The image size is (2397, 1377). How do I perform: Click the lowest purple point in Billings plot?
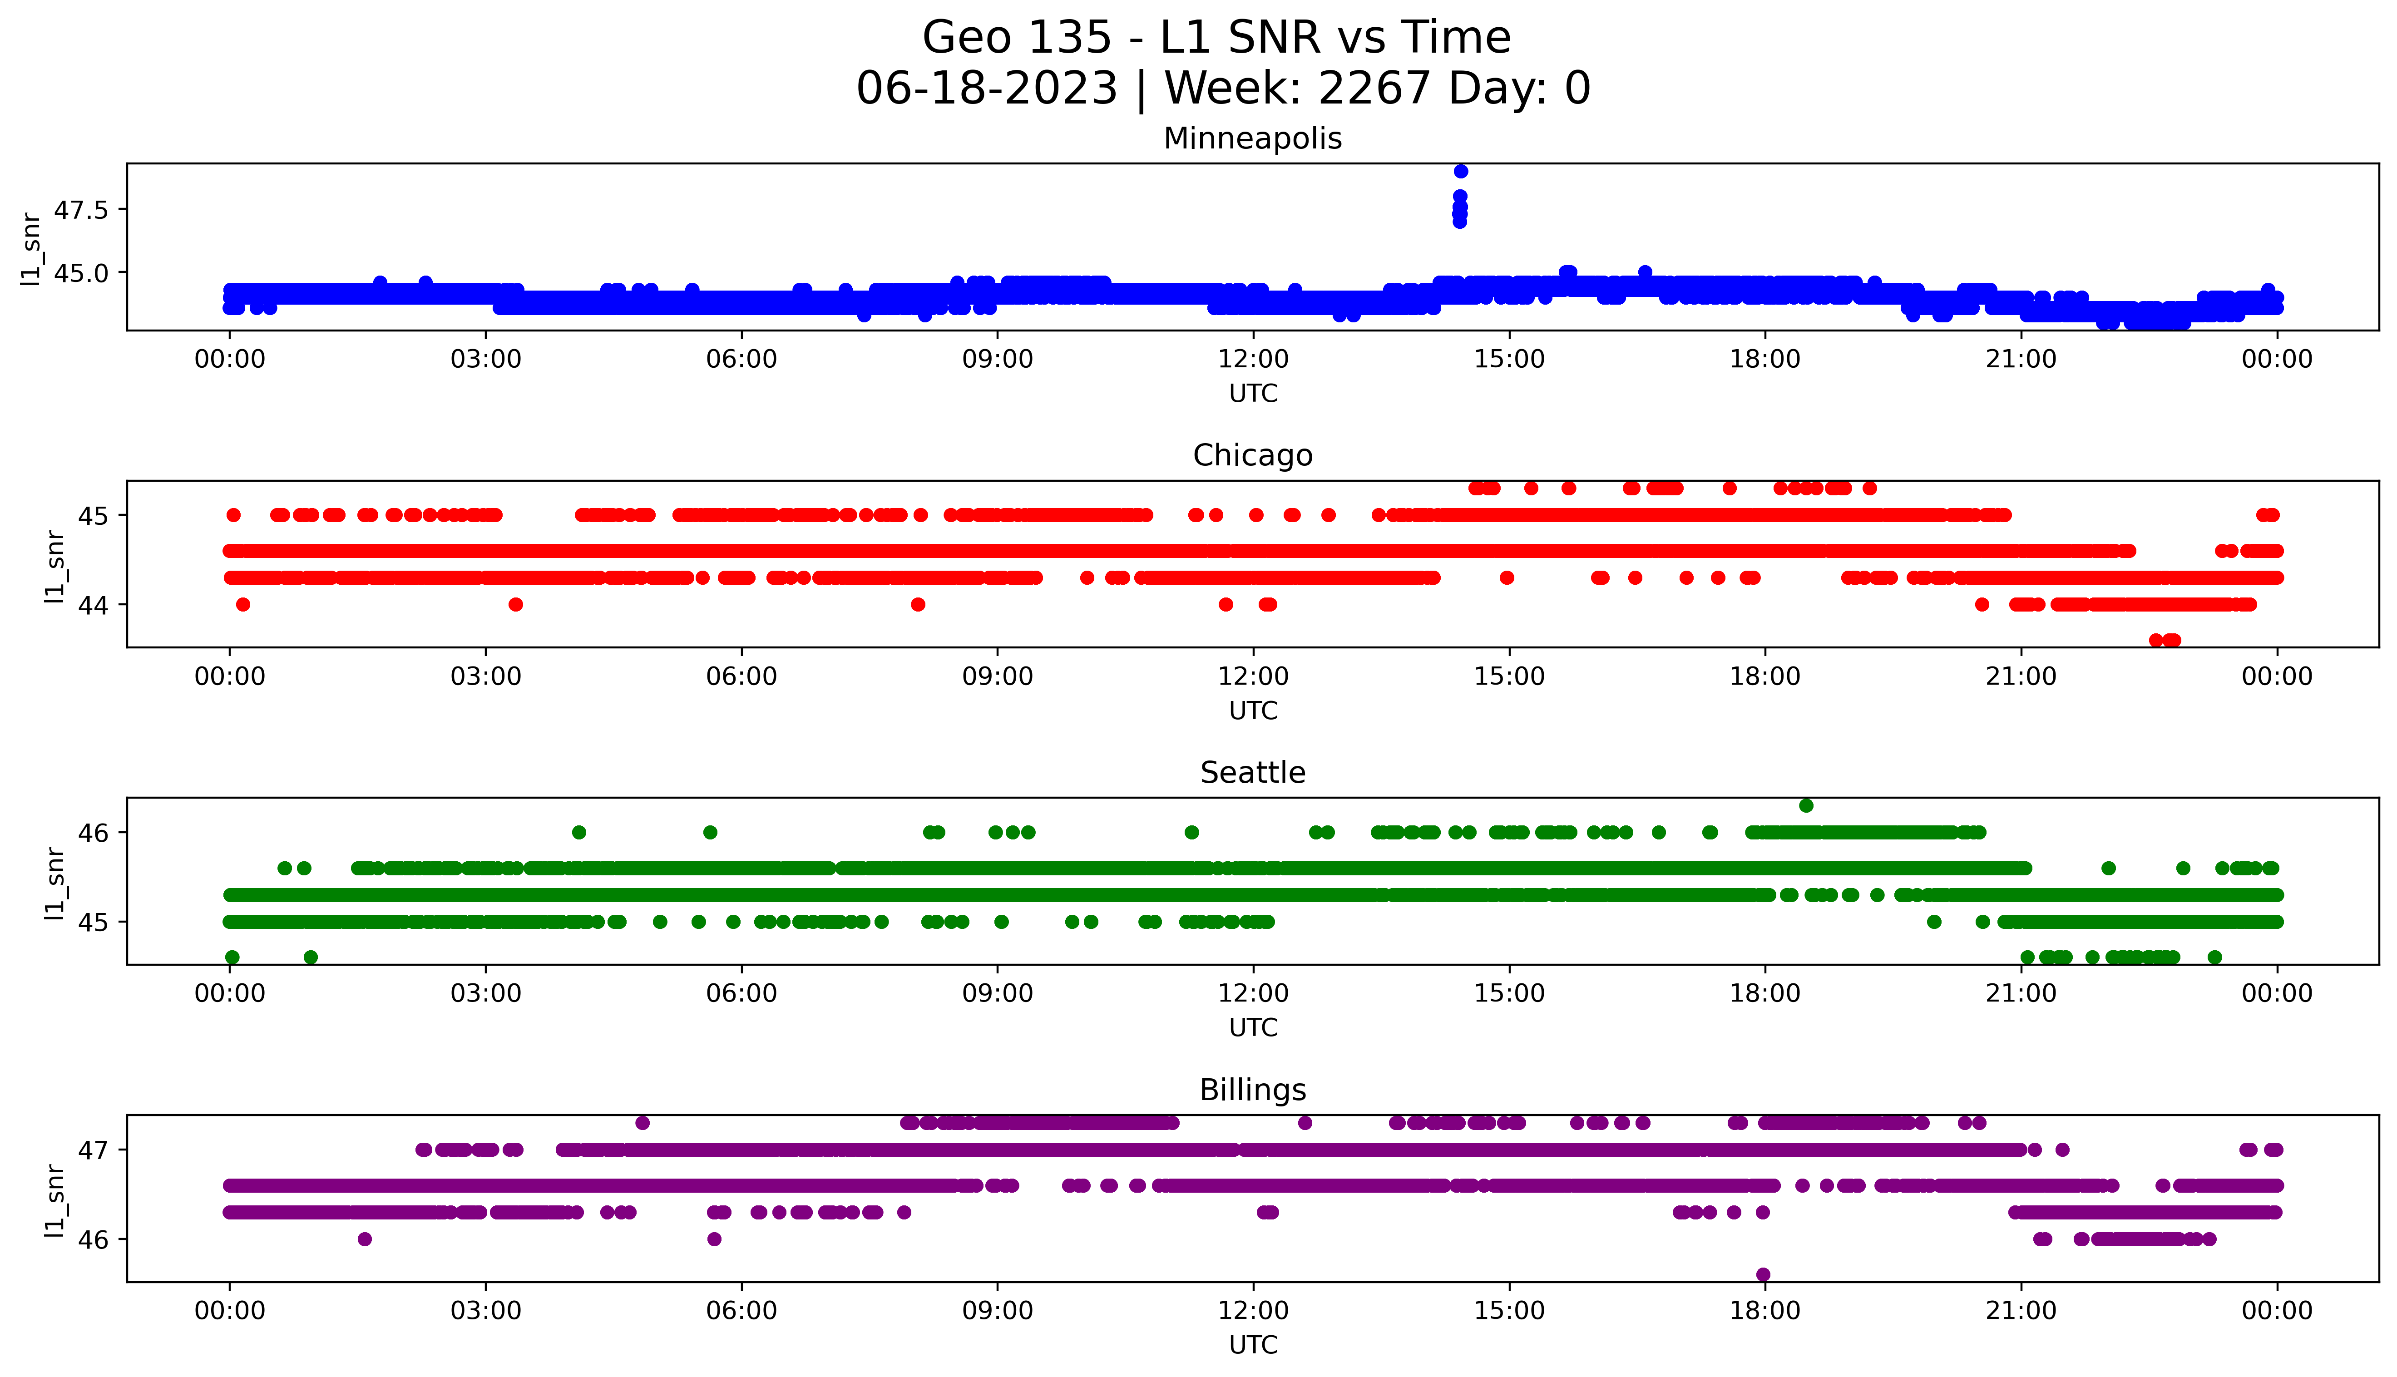click(x=1763, y=1274)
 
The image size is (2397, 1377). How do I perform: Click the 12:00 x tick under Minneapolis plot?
click(x=1253, y=360)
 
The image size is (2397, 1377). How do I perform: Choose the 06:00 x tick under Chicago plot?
click(x=741, y=676)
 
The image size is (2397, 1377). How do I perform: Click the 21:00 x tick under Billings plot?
click(x=2021, y=1311)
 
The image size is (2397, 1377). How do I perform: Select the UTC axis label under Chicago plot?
click(x=1253, y=710)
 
